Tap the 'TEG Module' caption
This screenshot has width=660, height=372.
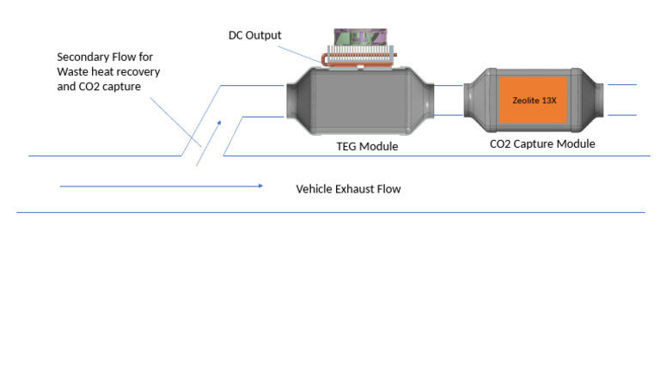point(366,147)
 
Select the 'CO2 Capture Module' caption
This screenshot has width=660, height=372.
point(541,144)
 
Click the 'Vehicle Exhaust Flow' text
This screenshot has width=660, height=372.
point(348,189)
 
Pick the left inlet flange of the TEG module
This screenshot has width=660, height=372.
point(290,101)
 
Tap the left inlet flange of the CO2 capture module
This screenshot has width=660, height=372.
point(470,101)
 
